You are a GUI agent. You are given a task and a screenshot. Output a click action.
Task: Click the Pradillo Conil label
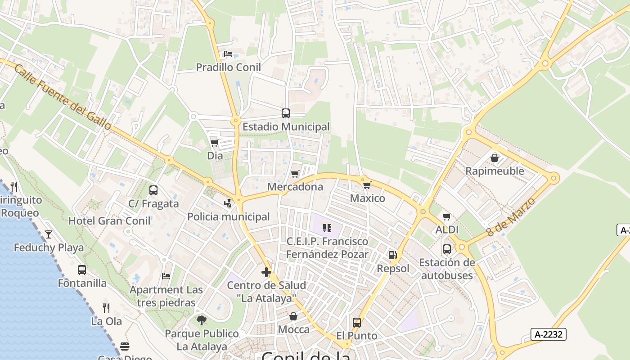[x=228, y=67]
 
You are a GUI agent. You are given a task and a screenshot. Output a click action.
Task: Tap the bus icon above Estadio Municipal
[x=286, y=113]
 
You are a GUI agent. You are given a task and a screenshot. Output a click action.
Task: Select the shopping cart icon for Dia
[x=215, y=143]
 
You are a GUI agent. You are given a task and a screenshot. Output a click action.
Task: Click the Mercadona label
[x=295, y=187]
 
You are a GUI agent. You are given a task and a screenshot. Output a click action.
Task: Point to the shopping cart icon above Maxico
[x=367, y=185]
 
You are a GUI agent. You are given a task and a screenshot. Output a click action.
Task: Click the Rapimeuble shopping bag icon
[x=495, y=158]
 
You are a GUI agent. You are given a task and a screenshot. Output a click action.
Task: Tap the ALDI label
[x=447, y=230]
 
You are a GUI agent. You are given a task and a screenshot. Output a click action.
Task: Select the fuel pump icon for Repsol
[x=393, y=255]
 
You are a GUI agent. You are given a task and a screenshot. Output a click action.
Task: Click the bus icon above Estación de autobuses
[x=447, y=249]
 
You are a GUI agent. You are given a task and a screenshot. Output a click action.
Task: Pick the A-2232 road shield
[x=548, y=334]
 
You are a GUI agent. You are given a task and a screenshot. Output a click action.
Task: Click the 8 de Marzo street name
[x=511, y=217]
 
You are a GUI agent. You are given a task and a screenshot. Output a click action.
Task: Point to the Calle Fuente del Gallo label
[x=63, y=97]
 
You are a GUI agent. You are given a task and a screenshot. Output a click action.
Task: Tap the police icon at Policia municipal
[x=229, y=203]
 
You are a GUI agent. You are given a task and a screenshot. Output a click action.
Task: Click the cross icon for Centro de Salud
[x=266, y=272]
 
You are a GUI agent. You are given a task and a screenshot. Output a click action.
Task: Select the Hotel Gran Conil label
[x=109, y=221]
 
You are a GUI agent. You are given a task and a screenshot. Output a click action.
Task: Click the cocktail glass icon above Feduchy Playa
[x=49, y=234]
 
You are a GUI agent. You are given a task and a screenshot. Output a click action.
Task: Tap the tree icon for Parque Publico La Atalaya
[x=202, y=320]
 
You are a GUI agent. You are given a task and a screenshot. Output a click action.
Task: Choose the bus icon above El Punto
[x=357, y=323]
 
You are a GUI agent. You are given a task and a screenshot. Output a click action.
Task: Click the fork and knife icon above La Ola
[x=106, y=308]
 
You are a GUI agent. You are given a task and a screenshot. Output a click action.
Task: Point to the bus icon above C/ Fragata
[x=153, y=190]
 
